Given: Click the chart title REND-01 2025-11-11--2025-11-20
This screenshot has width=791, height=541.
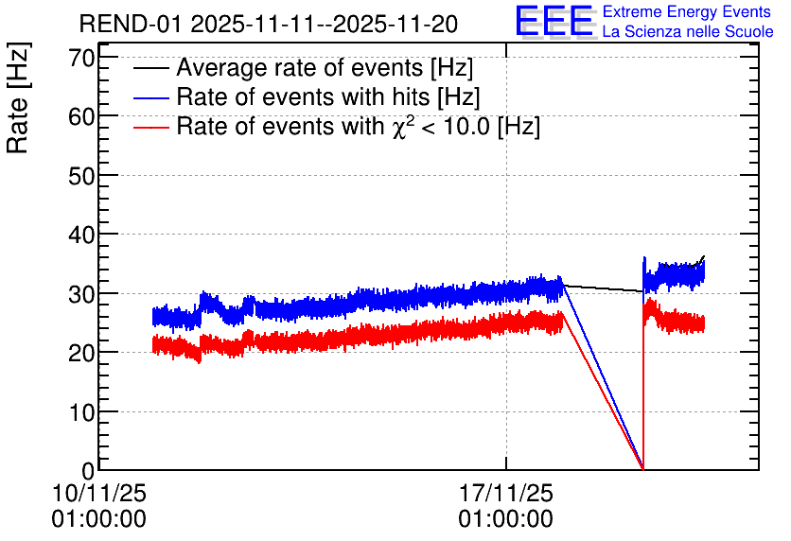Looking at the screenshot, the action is (269, 24).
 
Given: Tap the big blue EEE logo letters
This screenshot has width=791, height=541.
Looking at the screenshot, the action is (554, 22).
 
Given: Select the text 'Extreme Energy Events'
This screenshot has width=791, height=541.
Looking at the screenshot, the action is (687, 11).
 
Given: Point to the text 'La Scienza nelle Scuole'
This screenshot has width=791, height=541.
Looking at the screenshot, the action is (688, 31).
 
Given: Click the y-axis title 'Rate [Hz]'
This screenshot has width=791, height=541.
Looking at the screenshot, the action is (18, 97).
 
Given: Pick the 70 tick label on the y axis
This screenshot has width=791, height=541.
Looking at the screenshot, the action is (81, 58).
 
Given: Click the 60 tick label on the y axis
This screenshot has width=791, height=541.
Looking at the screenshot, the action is (81, 117).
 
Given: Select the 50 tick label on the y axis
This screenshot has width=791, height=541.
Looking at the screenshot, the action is (81, 176).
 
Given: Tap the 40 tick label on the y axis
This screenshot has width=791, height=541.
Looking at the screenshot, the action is (81, 235).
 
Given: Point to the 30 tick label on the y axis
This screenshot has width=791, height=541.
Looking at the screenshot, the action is (81, 294).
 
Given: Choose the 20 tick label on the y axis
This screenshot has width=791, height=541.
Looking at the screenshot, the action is (81, 353).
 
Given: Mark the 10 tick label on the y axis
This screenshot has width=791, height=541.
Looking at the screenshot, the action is (81, 412).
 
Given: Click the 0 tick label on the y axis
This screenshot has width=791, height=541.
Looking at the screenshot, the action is (88, 471).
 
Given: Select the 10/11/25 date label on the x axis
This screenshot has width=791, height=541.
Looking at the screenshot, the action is (98, 493).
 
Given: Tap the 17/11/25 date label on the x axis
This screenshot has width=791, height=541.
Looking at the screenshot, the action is (506, 493).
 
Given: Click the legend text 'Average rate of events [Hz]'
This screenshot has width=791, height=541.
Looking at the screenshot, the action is (325, 67).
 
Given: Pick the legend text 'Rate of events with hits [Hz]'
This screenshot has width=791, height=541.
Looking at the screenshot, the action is (328, 96).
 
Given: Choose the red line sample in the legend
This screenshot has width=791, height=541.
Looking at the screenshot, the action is (151, 128).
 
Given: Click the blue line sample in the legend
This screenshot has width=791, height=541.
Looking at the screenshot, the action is (151, 97).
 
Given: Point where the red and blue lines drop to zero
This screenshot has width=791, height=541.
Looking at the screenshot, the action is (643, 469).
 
